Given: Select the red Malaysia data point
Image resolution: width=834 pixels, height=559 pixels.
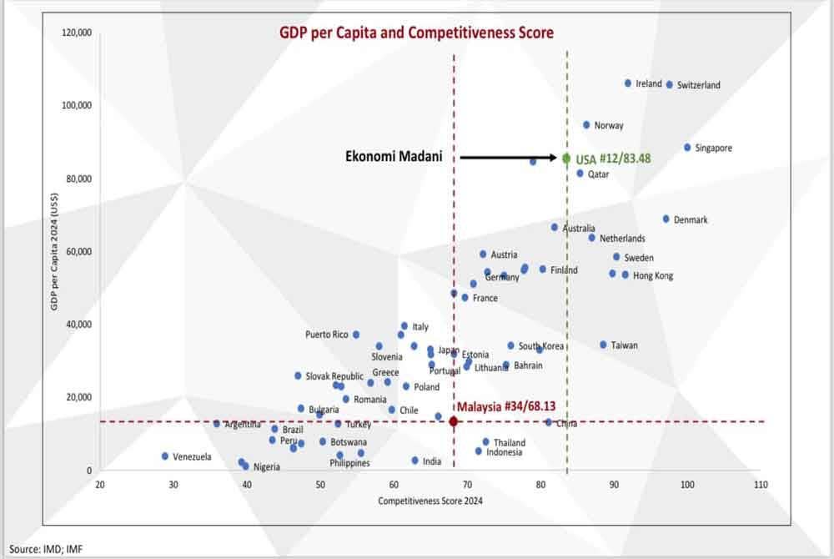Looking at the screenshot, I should pos(454,421).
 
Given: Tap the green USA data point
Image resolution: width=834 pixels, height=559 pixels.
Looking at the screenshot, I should pos(566,158).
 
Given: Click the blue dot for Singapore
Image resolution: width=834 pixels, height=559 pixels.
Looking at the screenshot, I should pos(687,148).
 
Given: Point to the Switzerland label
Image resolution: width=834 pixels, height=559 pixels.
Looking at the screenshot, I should pos(698,85).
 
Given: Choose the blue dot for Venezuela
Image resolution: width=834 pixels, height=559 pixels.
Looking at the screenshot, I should pos(165,456).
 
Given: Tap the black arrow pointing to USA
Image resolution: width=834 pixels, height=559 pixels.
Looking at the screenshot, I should pos(509,157).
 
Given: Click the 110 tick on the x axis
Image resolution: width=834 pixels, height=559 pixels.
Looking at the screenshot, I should pos(760,485).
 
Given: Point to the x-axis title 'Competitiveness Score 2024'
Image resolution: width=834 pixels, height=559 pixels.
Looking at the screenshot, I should pos(430,501).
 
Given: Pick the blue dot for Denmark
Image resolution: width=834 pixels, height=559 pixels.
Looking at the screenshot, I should pos(666,219).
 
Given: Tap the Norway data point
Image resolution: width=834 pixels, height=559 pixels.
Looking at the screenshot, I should pos(586,125).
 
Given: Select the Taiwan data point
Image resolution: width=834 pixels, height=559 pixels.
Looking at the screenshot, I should pos(603,345).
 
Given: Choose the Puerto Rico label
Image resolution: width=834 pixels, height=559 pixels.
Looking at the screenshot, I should pos(327,335).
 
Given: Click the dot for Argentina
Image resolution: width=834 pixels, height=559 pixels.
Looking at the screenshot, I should pos(217,424).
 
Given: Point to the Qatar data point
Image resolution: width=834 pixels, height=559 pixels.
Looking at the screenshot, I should pos(580,174).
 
